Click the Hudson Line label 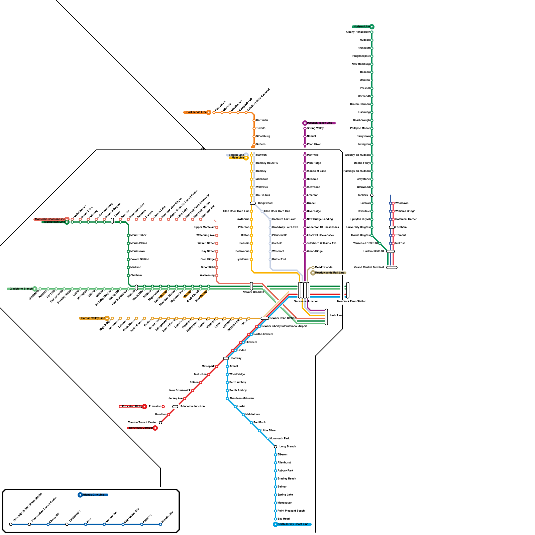click(361, 27)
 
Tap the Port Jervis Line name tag click(196, 112)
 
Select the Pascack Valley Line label click(320, 123)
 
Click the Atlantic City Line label click(94, 495)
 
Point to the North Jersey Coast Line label click(293, 524)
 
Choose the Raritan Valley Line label click(93, 318)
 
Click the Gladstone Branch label click(21, 289)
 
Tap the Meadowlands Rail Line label click(329, 273)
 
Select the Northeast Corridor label click(141, 428)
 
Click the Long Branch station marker click(276, 447)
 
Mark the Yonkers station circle click(372, 195)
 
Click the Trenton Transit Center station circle click(160, 423)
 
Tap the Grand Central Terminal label click(369, 267)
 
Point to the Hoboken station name click(336, 316)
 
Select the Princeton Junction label click(193, 407)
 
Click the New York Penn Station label click(352, 302)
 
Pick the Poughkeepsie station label click(360, 56)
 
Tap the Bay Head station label click(284, 519)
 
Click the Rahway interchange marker click(226, 358)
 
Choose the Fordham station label click(401, 227)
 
